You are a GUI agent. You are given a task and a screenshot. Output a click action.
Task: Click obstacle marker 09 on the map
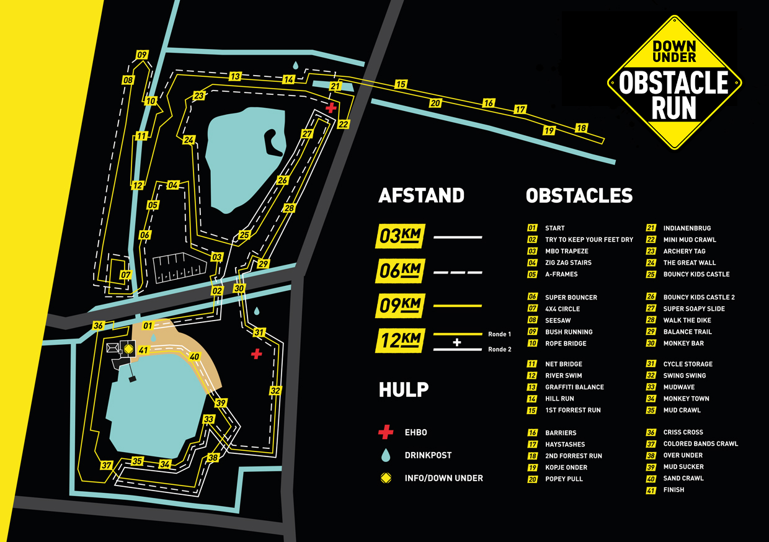pyautogui.click(x=142, y=55)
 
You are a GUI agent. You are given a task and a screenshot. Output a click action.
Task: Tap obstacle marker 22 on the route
pyautogui.click(x=344, y=124)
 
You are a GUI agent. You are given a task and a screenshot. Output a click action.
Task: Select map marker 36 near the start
pyautogui.click(x=98, y=326)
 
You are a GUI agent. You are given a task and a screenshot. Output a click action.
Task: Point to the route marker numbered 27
pyautogui.click(x=307, y=134)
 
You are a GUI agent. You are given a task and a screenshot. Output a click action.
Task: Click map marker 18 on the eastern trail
pyautogui.click(x=581, y=128)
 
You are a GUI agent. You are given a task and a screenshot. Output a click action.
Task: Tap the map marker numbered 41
pyautogui.click(x=143, y=350)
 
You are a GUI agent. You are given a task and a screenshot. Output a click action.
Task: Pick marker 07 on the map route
pyautogui.click(x=126, y=275)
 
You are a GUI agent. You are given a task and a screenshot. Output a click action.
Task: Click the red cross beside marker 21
pyautogui.click(x=332, y=108)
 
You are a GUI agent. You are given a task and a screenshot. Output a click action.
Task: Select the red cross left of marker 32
pyautogui.click(x=256, y=353)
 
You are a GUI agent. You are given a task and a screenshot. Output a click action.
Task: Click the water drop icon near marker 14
pyautogui.click(x=296, y=65)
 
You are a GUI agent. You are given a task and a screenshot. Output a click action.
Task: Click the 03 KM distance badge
pyautogui.click(x=399, y=237)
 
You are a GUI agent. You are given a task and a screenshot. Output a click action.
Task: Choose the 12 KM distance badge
pyautogui.click(x=399, y=340)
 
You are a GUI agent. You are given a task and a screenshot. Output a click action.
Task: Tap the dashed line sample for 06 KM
pyautogui.click(x=457, y=272)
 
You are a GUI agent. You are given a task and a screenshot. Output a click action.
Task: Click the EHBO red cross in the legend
pyautogui.click(x=386, y=432)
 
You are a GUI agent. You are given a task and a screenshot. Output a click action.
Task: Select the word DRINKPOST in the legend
pyautogui.click(x=428, y=455)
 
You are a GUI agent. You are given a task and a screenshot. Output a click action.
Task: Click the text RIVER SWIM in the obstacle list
pyautogui.click(x=564, y=375)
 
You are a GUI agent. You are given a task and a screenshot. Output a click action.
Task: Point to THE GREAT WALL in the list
pyautogui.click(x=689, y=263)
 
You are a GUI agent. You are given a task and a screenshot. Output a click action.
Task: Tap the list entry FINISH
pyautogui.click(x=673, y=490)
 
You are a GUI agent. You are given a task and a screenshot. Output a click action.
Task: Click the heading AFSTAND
pyautogui.click(x=421, y=195)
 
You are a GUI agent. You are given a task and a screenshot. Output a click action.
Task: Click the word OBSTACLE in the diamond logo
pyautogui.click(x=674, y=83)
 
